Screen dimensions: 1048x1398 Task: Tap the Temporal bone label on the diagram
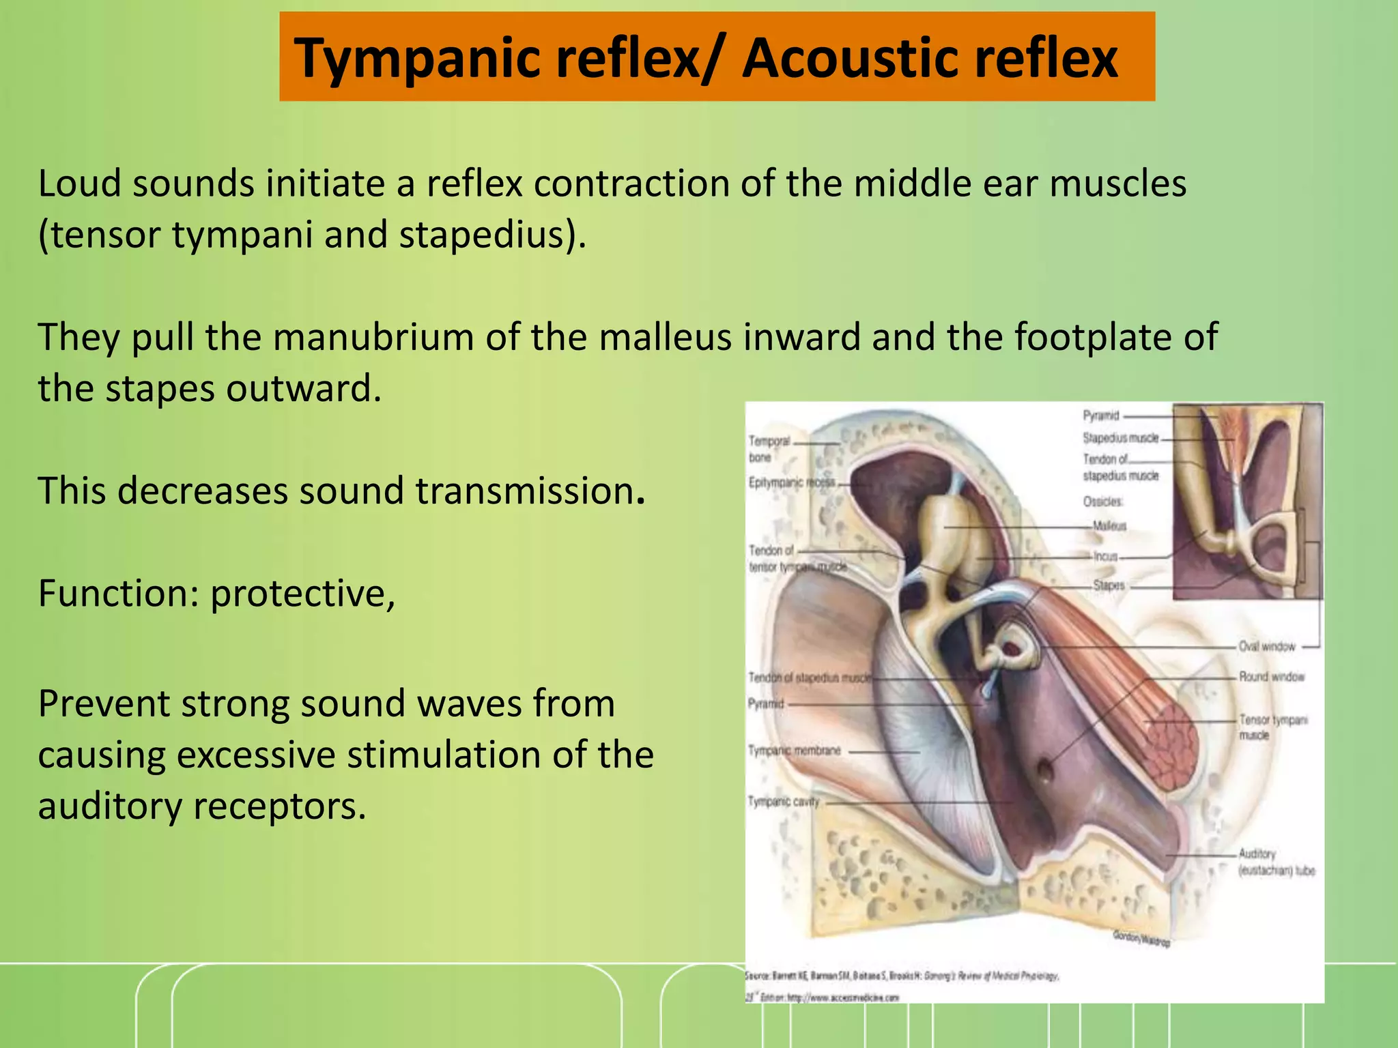(x=769, y=449)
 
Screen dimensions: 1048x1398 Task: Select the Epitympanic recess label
(x=791, y=482)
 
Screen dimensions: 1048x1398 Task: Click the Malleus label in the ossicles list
(x=1109, y=526)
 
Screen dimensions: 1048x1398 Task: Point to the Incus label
(x=1106, y=557)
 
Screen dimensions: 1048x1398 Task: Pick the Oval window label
(x=1266, y=646)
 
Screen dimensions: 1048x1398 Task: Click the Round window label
(x=1271, y=677)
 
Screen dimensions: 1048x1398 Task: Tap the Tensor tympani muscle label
(x=1272, y=727)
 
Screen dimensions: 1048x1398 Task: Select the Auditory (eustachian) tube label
(x=1275, y=862)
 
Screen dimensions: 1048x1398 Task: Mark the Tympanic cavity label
(x=783, y=802)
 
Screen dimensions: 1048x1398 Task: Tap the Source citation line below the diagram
(x=901, y=976)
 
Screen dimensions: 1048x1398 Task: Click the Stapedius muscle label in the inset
(x=1120, y=438)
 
